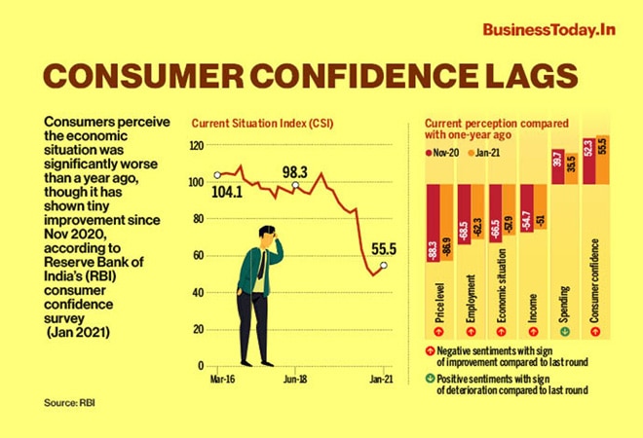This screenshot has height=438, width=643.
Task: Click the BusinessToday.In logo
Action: pyautogui.click(x=549, y=29)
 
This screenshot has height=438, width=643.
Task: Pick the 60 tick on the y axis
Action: pyautogui.click(x=198, y=256)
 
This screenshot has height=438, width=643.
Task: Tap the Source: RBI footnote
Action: pyautogui.click(x=69, y=401)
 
